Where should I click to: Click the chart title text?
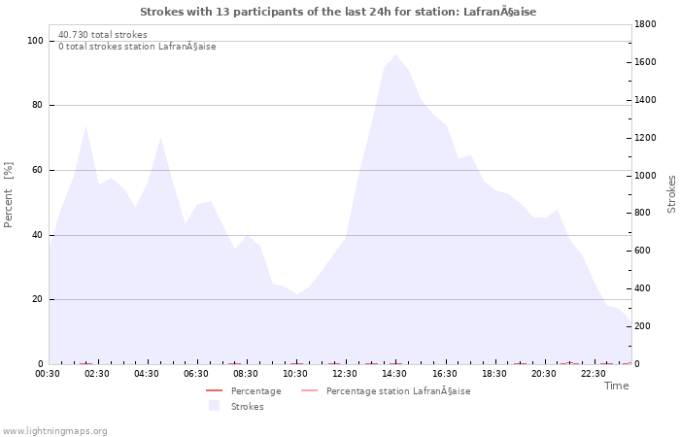click(338, 12)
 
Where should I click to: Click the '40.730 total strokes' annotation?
click(103, 35)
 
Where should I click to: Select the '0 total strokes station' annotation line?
click(137, 47)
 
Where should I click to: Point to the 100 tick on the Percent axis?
click(35, 41)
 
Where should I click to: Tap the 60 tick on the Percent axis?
click(37, 170)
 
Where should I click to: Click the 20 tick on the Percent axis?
click(37, 299)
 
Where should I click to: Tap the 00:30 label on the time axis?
click(48, 374)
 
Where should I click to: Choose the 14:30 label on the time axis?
click(394, 374)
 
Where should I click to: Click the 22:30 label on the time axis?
click(594, 374)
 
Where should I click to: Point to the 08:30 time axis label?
click(246, 374)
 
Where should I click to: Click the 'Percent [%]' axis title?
click(9, 194)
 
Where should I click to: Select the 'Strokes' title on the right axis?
click(671, 194)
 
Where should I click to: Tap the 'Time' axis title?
click(616, 386)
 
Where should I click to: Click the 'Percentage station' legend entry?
click(397, 391)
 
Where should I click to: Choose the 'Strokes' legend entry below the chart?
click(247, 406)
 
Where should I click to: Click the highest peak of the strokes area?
click(394, 55)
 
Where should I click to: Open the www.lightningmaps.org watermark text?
click(55, 431)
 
